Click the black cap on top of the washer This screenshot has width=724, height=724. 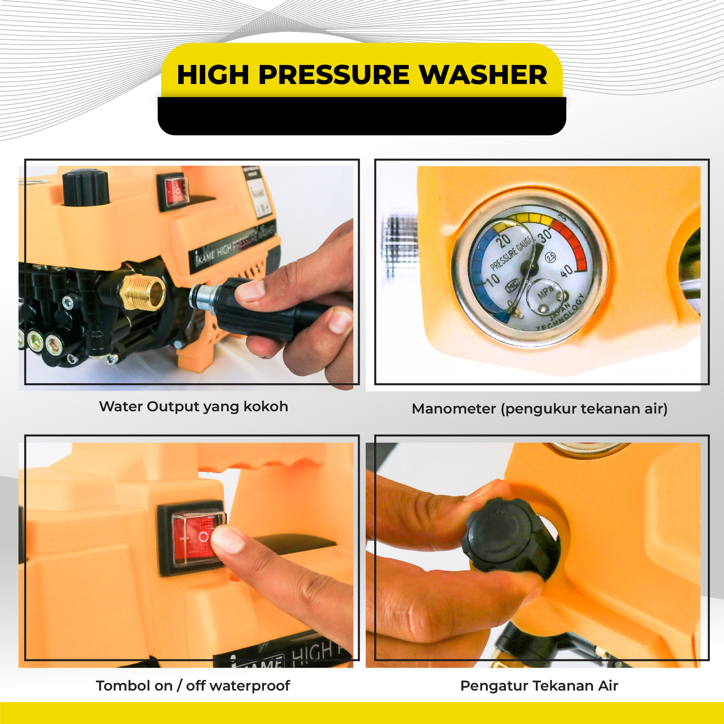pyautogui.click(x=86, y=187)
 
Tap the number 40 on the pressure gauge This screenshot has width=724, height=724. pyautogui.click(x=566, y=271)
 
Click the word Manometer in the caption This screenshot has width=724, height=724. pyautogui.click(x=453, y=408)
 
